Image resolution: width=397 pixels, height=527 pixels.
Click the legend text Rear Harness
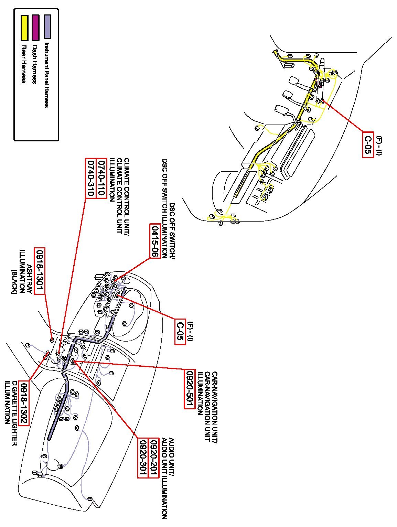coord(23,64)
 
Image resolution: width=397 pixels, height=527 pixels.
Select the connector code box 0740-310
coord(90,178)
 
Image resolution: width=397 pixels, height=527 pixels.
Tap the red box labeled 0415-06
coord(155,240)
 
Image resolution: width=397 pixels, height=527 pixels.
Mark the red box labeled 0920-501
coord(190,389)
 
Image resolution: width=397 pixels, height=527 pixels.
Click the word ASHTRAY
coord(30,279)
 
